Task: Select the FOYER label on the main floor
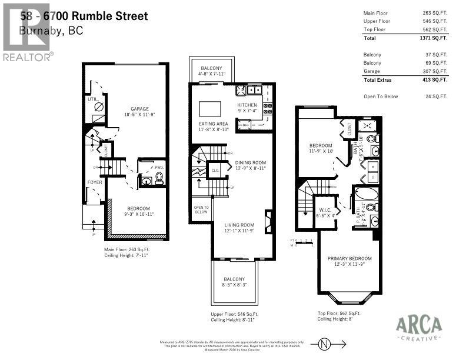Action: coord(95,182)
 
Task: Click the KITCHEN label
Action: coord(247,105)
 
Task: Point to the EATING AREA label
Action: coord(213,124)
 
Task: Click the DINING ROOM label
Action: coord(251,163)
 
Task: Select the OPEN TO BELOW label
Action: coord(201,209)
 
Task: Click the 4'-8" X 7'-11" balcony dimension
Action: coord(212,75)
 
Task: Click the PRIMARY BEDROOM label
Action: coord(349,258)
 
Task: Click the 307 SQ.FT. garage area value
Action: coord(435,71)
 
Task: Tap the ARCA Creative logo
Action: coord(418,327)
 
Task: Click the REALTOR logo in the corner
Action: coord(27,32)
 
